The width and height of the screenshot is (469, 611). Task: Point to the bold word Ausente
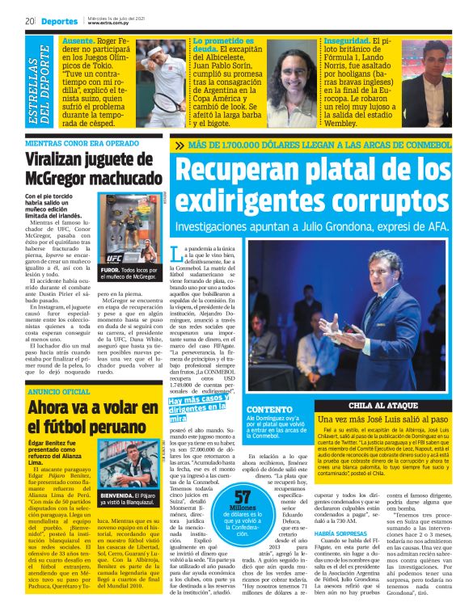tap(78, 40)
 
